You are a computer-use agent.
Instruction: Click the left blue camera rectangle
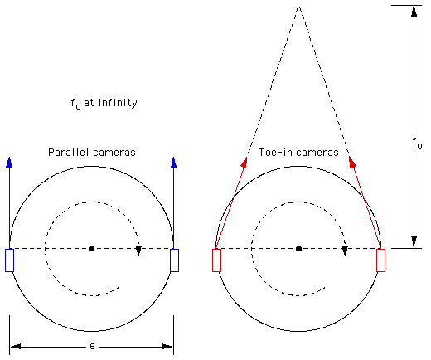pyautogui.click(x=9, y=260)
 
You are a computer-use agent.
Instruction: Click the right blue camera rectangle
pyautogui.click(x=174, y=260)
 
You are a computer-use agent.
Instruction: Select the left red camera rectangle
pyautogui.click(x=216, y=260)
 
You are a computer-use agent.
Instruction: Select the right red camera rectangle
pyautogui.click(x=381, y=260)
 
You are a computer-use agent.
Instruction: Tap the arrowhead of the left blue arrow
pyautogui.click(x=9, y=163)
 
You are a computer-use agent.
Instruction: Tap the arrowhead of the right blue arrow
pyautogui.click(x=174, y=163)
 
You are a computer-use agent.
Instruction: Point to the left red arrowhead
pyautogui.click(x=245, y=163)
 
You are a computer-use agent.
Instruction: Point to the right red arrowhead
pyautogui.click(x=351, y=163)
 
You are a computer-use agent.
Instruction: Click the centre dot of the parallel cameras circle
pyautogui.click(x=92, y=249)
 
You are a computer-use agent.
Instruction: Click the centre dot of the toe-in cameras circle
pyautogui.click(x=298, y=249)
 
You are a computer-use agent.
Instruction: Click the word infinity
pyautogui.click(x=118, y=103)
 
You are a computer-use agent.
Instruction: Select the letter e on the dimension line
pyautogui.click(x=92, y=346)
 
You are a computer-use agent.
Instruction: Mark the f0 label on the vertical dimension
pyautogui.click(x=417, y=144)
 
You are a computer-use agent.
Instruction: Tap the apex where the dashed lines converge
pyautogui.click(x=298, y=7)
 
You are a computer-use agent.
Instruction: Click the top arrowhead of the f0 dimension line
pyautogui.click(x=414, y=12)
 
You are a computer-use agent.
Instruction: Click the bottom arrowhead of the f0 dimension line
pyautogui.click(x=414, y=241)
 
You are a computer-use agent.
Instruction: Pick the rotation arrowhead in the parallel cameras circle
pyautogui.click(x=138, y=251)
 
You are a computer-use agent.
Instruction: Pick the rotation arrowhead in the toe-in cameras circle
pyautogui.click(x=345, y=251)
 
